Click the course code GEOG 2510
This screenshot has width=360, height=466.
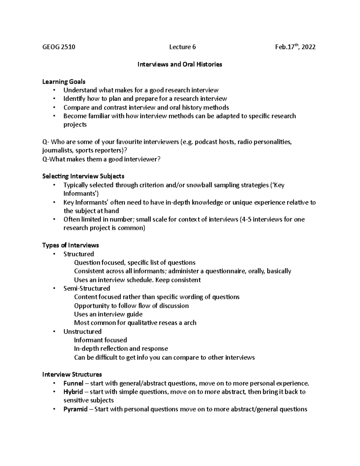(x=59, y=47)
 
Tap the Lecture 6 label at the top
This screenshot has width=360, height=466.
(x=182, y=47)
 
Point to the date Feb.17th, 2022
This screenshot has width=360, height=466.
(x=295, y=47)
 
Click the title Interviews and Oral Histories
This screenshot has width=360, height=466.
(x=180, y=64)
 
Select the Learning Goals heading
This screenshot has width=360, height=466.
(x=64, y=82)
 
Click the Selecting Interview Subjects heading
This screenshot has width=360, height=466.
(x=83, y=176)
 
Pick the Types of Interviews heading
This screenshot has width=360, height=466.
(x=70, y=245)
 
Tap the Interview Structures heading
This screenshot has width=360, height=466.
(x=72, y=374)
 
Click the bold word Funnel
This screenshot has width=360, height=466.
(x=73, y=383)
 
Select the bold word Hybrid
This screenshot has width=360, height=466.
(x=73, y=392)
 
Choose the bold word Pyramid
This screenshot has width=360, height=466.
(x=75, y=409)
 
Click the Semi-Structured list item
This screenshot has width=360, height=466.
(x=87, y=288)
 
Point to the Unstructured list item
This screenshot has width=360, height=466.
(x=82, y=332)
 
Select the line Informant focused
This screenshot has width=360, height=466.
(x=100, y=340)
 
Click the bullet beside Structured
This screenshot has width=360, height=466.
(x=54, y=254)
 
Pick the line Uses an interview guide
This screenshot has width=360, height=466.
(x=108, y=314)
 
